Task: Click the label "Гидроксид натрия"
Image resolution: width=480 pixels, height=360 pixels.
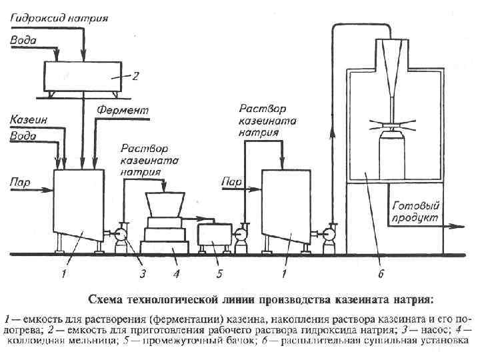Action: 59,16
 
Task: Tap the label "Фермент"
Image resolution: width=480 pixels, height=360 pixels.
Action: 124,109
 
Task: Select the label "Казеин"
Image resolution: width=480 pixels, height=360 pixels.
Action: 27,119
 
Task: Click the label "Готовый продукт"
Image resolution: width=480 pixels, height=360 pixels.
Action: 415,211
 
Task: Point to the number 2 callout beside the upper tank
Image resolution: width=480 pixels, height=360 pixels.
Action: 135,77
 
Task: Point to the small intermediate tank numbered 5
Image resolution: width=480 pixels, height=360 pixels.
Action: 213,237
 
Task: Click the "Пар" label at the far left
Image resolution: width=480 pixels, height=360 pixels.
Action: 20,181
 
